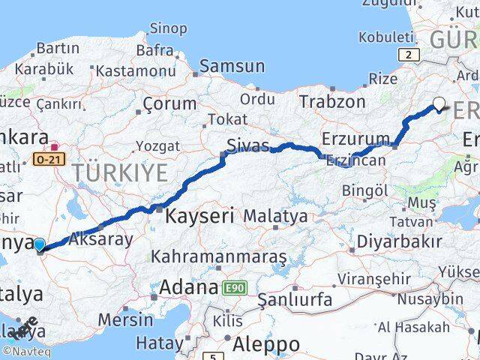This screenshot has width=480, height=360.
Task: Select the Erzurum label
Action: (355, 138)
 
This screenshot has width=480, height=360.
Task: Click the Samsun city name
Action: (232, 65)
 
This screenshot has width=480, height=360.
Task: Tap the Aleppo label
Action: (266, 344)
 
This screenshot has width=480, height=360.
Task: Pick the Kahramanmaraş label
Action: (219, 256)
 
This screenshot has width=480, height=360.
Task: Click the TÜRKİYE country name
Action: (120, 172)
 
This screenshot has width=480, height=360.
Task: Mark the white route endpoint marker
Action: (439, 104)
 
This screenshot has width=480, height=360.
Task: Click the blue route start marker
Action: (40, 244)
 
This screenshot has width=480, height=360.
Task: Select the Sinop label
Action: (168, 28)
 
